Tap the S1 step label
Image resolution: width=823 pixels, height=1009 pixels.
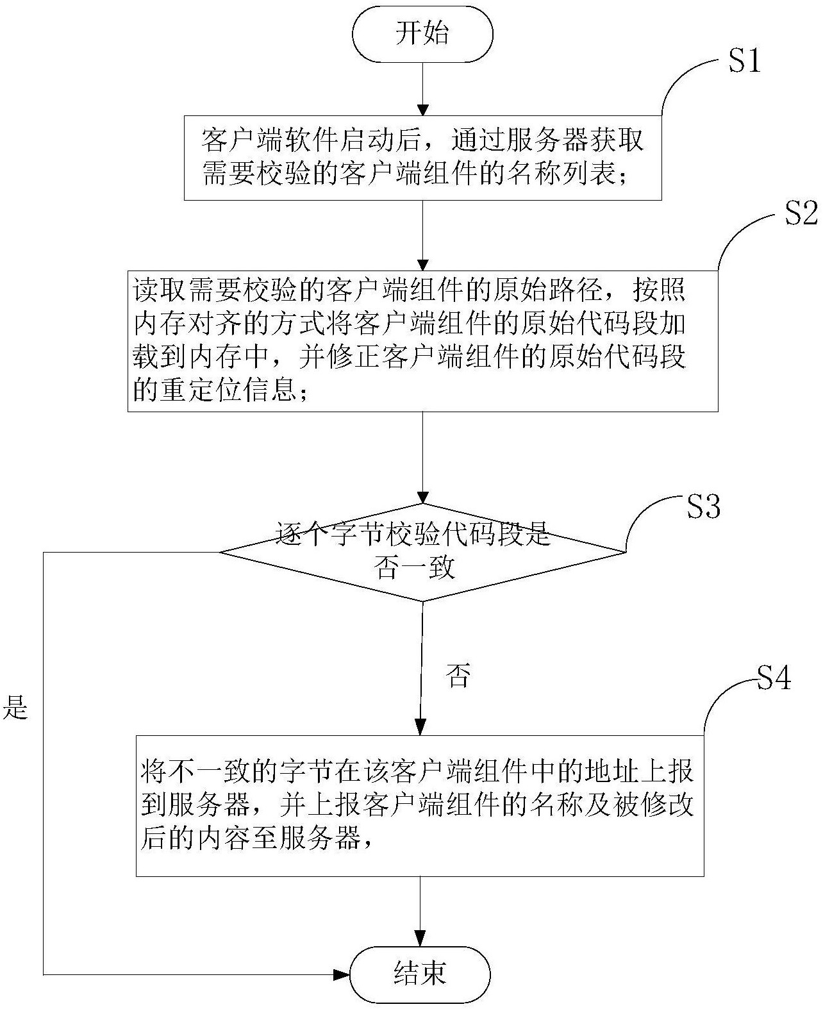[744, 62]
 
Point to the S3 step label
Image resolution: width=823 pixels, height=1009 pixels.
[703, 506]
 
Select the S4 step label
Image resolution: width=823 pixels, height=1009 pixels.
[774, 678]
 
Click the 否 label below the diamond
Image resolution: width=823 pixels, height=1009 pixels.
[458, 676]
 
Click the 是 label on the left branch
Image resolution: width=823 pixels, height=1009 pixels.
[15, 707]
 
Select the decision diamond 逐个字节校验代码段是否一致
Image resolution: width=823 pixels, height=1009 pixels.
[422, 551]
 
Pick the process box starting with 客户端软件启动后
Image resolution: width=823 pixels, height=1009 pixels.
[422, 158]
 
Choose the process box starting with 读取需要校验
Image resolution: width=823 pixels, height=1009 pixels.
[422, 340]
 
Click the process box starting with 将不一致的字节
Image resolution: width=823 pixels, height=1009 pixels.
[420, 805]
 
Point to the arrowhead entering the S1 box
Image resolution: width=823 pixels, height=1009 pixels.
[422, 110]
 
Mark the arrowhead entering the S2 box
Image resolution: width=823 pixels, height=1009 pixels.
[422, 264]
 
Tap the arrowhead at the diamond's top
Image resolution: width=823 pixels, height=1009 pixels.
[422, 497]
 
